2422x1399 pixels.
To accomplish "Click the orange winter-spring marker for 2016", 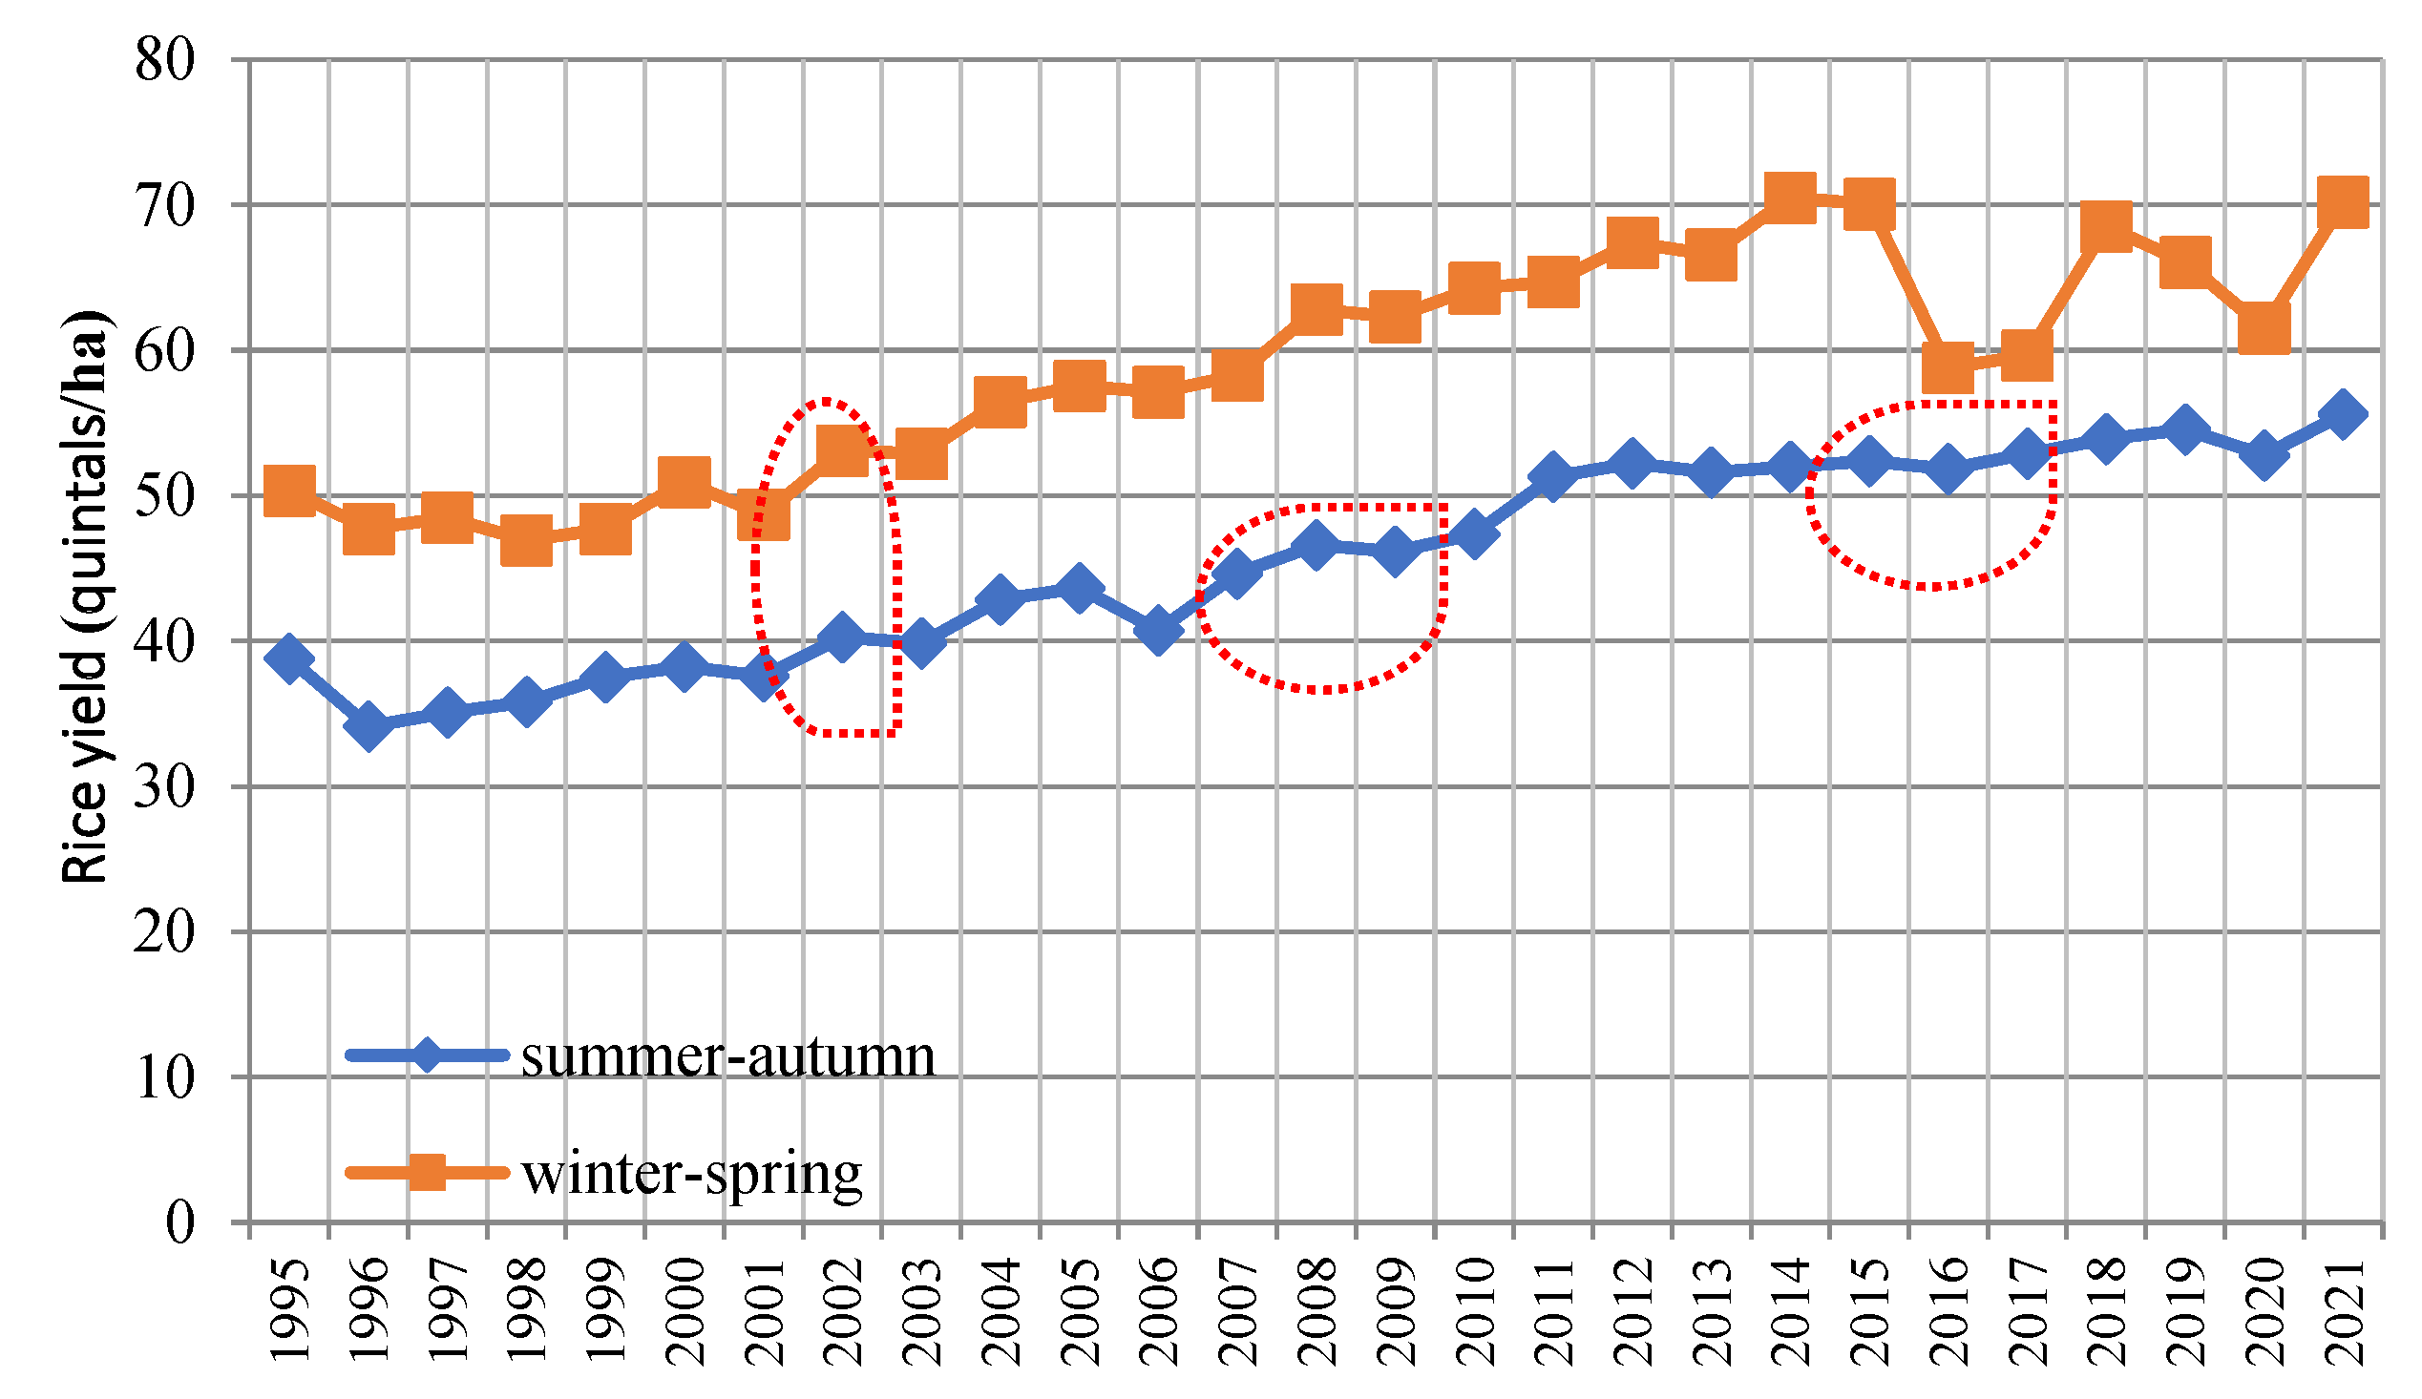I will click(x=1948, y=367).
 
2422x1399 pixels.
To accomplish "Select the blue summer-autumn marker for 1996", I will click(x=369, y=725).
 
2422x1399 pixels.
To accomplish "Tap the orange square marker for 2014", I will click(x=1791, y=198).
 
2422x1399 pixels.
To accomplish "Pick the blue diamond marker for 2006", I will click(x=1158, y=631).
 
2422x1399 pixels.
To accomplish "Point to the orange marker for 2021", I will click(x=2343, y=201).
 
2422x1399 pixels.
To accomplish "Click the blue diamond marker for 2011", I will click(x=1553, y=476).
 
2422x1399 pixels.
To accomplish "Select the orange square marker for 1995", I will click(x=289, y=491).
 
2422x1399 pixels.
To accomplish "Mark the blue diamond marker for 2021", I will click(x=2343, y=415).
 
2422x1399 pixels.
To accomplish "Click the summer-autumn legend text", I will click(x=727, y=1057).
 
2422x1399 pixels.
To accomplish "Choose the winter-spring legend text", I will click(x=692, y=1173).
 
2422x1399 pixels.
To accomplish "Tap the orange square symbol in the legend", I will click(x=427, y=1172).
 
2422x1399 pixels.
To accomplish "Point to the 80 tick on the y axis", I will click(x=164, y=60).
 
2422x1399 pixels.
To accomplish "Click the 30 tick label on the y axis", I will click(x=164, y=787).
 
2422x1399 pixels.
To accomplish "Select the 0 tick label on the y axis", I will click(x=179, y=1223).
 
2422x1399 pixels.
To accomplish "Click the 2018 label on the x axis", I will click(x=2107, y=1312).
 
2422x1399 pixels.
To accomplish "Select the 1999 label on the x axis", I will click(x=606, y=1312).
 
